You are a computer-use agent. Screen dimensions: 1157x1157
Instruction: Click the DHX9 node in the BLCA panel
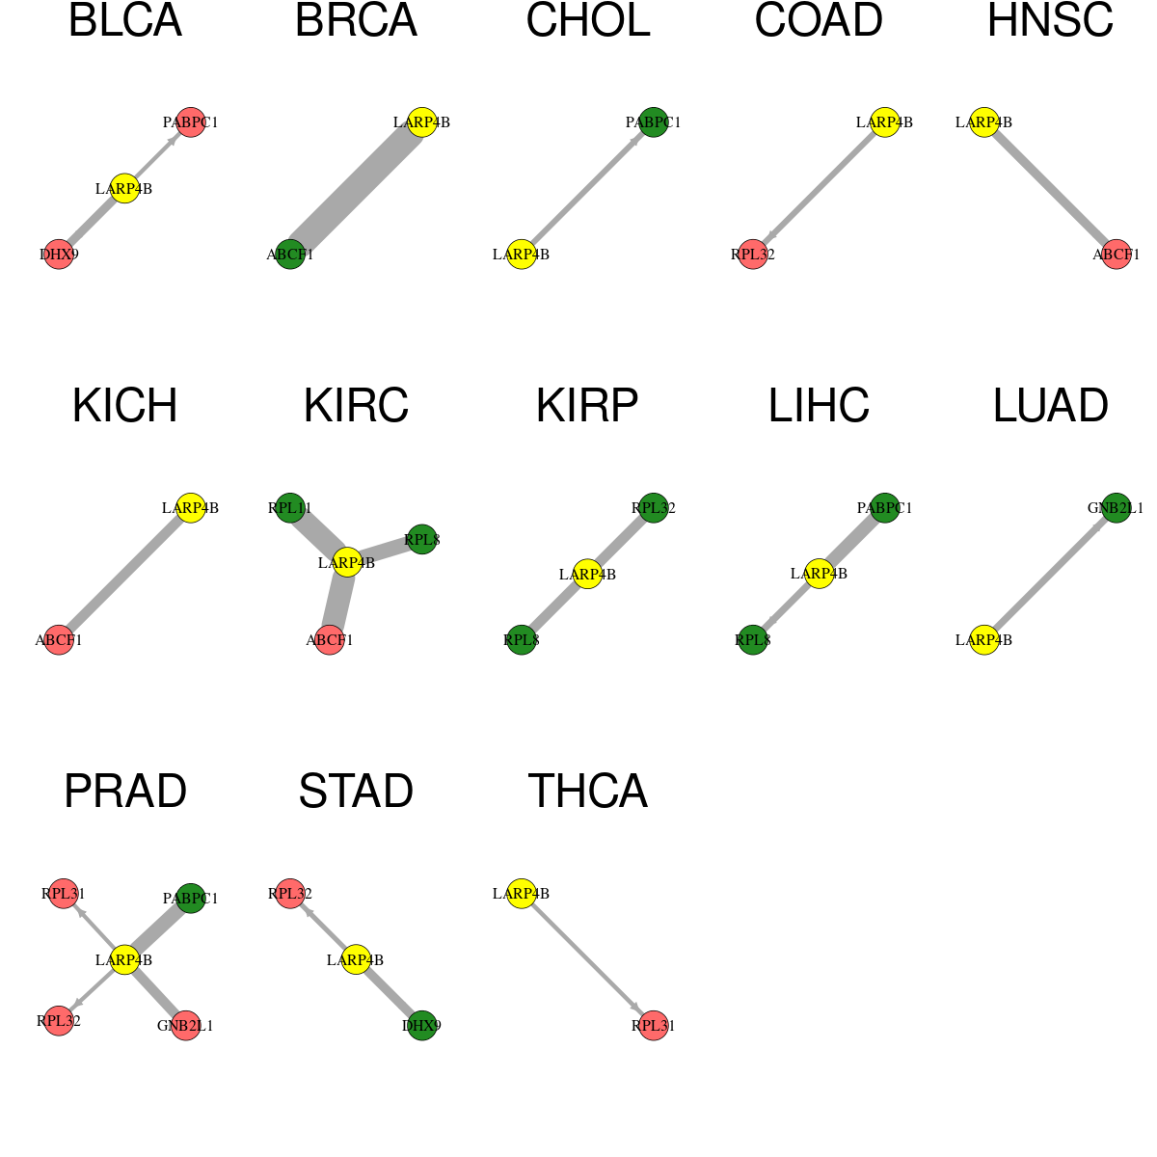[x=59, y=255]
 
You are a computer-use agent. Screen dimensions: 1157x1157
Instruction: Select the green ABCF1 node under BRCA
[x=290, y=255]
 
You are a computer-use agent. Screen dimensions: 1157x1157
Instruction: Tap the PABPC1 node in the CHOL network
[x=654, y=122]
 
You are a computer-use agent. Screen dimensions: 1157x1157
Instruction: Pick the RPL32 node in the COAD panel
[x=753, y=255]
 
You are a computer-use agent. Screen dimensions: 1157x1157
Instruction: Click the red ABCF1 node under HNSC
[x=1117, y=255]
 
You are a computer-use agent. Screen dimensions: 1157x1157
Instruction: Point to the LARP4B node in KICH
[x=190, y=508]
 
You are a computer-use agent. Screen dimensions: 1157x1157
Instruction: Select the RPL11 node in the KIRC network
[x=290, y=508]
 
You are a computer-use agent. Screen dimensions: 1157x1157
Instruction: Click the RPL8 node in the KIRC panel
[x=422, y=540]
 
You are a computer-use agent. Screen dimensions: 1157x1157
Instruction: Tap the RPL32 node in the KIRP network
[x=654, y=508]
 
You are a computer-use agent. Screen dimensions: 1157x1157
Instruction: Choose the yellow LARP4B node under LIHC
[x=819, y=574]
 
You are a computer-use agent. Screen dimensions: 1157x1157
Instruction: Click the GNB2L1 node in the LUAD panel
[x=1117, y=508]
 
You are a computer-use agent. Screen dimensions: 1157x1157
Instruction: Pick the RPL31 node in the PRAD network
[x=63, y=894]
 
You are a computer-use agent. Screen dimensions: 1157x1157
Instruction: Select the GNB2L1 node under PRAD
[x=185, y=1026]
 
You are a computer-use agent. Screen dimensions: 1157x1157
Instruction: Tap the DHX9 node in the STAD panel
[x=422, y=1026]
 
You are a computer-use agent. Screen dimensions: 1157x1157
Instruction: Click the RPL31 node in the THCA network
[x=654, y=1026]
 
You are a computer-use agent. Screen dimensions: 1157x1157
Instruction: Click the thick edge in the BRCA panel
[x=356, y=189]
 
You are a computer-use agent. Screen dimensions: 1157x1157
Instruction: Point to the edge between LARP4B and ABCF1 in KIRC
[x=338, y=602]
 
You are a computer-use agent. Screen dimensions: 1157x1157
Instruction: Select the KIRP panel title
[x=587, y=406]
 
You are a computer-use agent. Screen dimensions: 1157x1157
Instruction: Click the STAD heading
[x=356, y=791]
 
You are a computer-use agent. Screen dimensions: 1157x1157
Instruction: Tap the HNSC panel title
[x=1050, y=20]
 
